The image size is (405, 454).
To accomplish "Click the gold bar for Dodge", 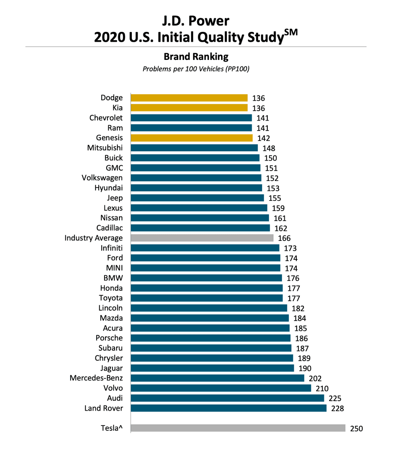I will [x=189, y=98].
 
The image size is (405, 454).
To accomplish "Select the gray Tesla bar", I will [x=238, y=428].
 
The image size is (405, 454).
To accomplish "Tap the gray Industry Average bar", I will [x=202, y=238].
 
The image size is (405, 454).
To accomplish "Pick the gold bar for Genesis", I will [x=191, y=138].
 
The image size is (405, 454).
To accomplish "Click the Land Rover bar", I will [x=229, y=408].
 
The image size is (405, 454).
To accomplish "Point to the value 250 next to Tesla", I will [x=356, y=428].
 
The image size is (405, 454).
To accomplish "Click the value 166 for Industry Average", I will [x=284, y=238].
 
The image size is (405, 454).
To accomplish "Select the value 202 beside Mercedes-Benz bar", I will [x=315, y=378].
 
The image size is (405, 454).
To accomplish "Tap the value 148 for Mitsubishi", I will [x=269, y=148].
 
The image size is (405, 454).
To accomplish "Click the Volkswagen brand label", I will [x=102, y=178].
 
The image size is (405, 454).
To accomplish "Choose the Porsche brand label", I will [x=109, y=338].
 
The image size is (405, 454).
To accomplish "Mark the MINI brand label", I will [x=114, y=268].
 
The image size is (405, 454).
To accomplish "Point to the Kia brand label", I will [x=117, y=108].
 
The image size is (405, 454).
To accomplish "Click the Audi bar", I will [x=228, y=398].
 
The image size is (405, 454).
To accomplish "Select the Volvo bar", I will [x=221, y=388].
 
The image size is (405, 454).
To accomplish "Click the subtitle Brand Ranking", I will [x=196, y=56].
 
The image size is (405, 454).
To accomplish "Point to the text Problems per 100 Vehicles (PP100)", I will [x=196, y=69].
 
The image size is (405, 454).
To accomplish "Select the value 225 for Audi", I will [x=335, y=399].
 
